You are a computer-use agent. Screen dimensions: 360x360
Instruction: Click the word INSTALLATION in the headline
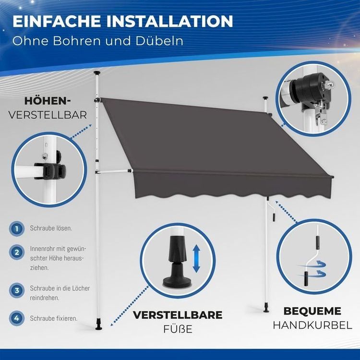point(169,21)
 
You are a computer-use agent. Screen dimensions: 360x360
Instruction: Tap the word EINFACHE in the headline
point(57,21)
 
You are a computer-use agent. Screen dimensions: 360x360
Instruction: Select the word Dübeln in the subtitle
point(159,41)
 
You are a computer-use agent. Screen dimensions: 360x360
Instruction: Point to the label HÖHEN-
point(48,101)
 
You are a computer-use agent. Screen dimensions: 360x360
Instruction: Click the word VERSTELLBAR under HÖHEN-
point(48,115)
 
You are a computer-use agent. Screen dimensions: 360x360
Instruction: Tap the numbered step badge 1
point(17,228)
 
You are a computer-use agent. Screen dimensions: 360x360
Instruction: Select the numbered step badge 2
point(17,252)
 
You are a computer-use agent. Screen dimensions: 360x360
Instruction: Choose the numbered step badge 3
point(17,290)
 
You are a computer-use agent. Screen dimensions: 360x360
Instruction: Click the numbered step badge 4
point(17,318)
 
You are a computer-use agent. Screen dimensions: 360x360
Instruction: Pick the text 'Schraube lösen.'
point(51,228)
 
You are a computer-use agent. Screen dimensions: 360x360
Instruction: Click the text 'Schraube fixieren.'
point(53,318)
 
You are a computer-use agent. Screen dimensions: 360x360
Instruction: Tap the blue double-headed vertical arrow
point(196,258)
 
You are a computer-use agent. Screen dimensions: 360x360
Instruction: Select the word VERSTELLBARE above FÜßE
point(178,315)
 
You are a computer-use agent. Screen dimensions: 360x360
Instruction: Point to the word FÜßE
point(178,329)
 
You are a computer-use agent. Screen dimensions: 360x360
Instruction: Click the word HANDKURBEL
point(312,325)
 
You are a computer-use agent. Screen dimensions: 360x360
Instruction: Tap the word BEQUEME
point(312,311)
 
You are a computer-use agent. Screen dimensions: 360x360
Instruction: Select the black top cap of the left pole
point(97,73)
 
